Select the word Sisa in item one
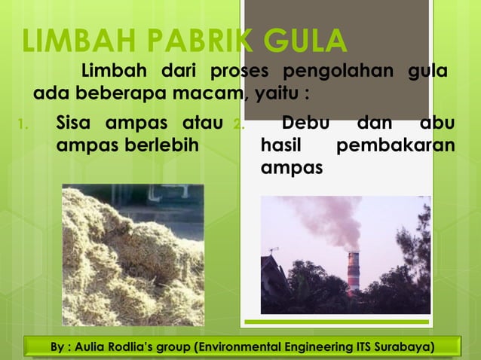tap(76, 123)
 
